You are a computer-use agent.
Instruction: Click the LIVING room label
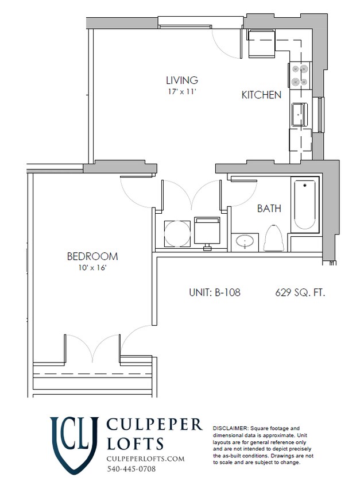182,80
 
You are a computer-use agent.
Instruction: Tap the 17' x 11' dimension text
182,91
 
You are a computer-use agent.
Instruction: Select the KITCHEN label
261,95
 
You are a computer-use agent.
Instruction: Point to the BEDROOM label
92,256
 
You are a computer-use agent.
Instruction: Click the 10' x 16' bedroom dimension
92,267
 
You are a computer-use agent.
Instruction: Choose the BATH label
269,209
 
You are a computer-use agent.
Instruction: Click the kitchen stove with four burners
299,75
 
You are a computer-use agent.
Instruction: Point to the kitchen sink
300,114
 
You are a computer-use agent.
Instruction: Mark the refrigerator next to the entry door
262,44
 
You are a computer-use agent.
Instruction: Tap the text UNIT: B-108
214,292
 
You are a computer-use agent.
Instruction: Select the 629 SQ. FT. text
300,292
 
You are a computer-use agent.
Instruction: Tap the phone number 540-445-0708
131,469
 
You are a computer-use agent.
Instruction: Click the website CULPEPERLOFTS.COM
146,458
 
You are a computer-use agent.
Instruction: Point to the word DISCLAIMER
230,429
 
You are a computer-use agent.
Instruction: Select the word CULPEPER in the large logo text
154,425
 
